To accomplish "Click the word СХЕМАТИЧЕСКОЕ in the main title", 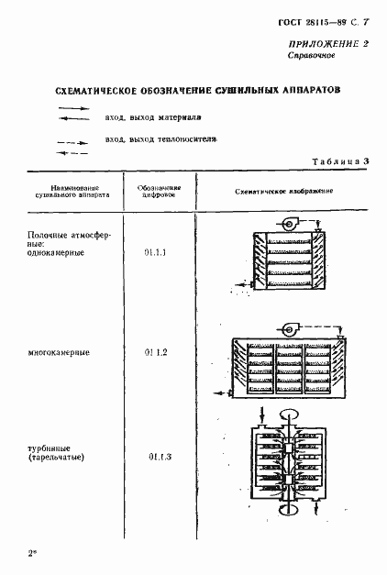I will [x=91, y=93].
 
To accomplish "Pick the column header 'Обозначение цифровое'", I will [x=160, y=191].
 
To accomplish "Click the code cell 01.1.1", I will [x=158, y=249].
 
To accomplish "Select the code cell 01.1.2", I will [x=158, y=352].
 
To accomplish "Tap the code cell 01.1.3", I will [x=159, y=456].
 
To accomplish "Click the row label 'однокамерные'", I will [x=58, y=254].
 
